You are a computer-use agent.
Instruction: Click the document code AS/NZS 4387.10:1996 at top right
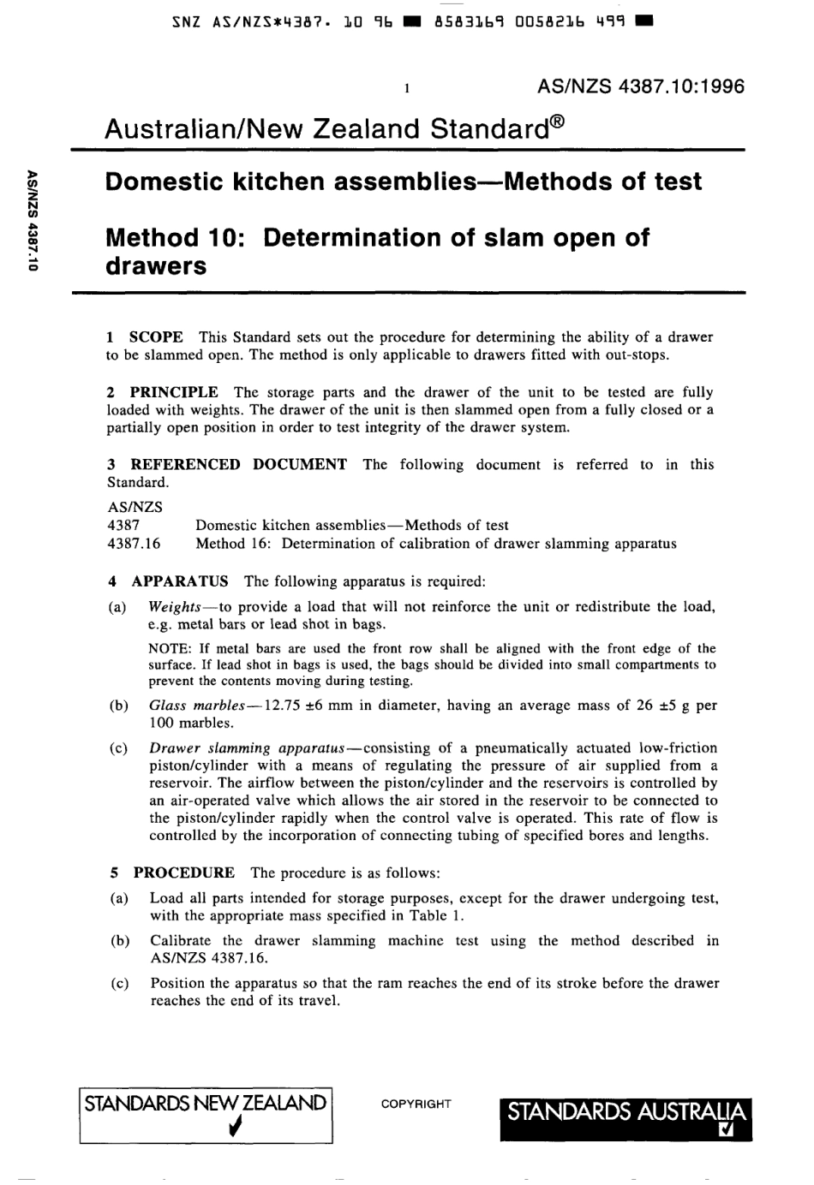(x=641, y=86)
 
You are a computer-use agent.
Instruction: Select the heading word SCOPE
(x=156, y=337)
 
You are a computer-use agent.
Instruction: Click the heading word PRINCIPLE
(x=174, y=392)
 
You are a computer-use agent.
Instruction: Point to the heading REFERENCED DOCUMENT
(x=238, y=464)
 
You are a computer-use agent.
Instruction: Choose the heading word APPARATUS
(x=180, y=581)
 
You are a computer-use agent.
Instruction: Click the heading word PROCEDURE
(x=183, y=872)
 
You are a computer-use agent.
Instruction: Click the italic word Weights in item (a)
(x=174, y=606)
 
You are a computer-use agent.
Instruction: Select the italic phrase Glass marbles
(x=196, y=706)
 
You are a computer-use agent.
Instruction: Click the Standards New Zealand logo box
(x=206, y=1115)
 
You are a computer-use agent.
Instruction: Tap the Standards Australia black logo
(x=625, y=1118)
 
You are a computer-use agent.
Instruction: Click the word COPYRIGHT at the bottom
(x=416, y=1105)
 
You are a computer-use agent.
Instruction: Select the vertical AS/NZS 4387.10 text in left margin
(x=32, y=220)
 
